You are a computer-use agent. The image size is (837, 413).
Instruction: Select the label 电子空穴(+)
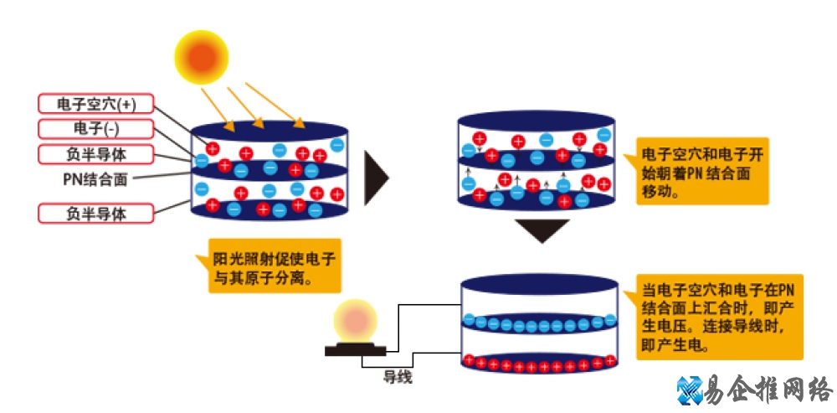coord(95,103)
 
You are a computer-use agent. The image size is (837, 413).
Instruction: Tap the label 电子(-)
coord(95,128)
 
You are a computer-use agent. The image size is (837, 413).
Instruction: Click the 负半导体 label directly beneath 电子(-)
coord(95,153)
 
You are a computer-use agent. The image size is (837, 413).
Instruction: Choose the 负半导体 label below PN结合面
coord(95,213)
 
